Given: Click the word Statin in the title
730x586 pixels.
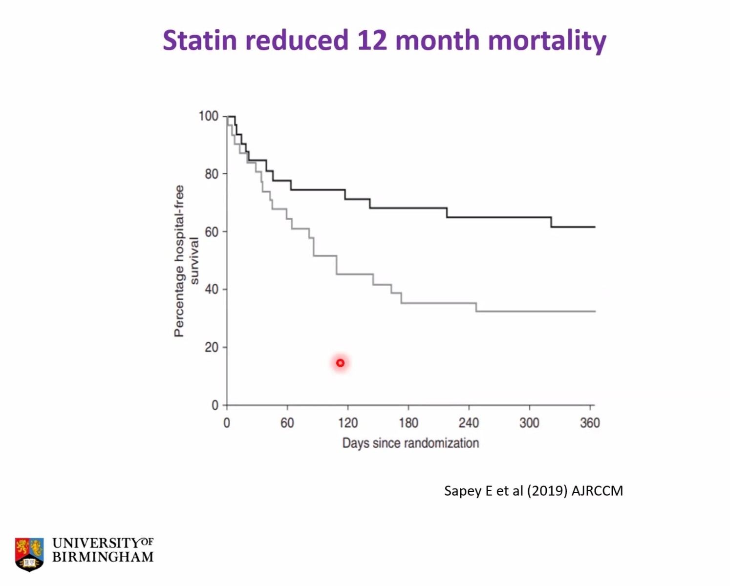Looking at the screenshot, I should pyautogui.click(x=200, y=40).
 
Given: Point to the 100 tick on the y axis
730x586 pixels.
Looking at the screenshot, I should pyautogui.click(x=208, y=116).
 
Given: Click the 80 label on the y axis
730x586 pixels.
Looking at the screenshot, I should pyautogui.click(x=212, y=174).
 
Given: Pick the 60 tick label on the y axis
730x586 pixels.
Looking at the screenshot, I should pyautogui.click(x=212, y=232).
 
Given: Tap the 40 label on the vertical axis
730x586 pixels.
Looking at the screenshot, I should pyautogui.click(x=212, y=290).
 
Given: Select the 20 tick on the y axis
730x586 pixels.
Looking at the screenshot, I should pyautogui.click(x=212, y=347).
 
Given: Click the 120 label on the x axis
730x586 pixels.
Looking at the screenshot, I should pyautogui.click(x=348, y=423).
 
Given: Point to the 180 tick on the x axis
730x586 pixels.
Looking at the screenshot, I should pyautogui.click(x=408, y=423).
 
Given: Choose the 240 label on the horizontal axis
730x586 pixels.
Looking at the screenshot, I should pyautogui.click(x=469, y=423).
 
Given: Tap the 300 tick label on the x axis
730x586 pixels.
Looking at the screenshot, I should pyautogui.click(x=529, y=423).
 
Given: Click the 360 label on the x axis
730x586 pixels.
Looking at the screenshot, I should pyautogui.click(x=590, y=423).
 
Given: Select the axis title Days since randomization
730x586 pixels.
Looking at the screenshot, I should pyautogui.click(x=410, y=443).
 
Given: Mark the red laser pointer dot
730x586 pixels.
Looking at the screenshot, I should pyautogui.click(x=340, y=363).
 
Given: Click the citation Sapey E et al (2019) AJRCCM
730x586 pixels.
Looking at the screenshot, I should pyautogui.click(x=533, y=491).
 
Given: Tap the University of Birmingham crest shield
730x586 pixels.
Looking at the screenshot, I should pyautogui.click(x=29, y=554).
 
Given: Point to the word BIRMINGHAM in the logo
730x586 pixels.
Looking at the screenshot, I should pyautogui.click(x=103, y=557).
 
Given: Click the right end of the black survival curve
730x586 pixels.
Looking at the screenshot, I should pyautogui.click(x=594, y=227).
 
